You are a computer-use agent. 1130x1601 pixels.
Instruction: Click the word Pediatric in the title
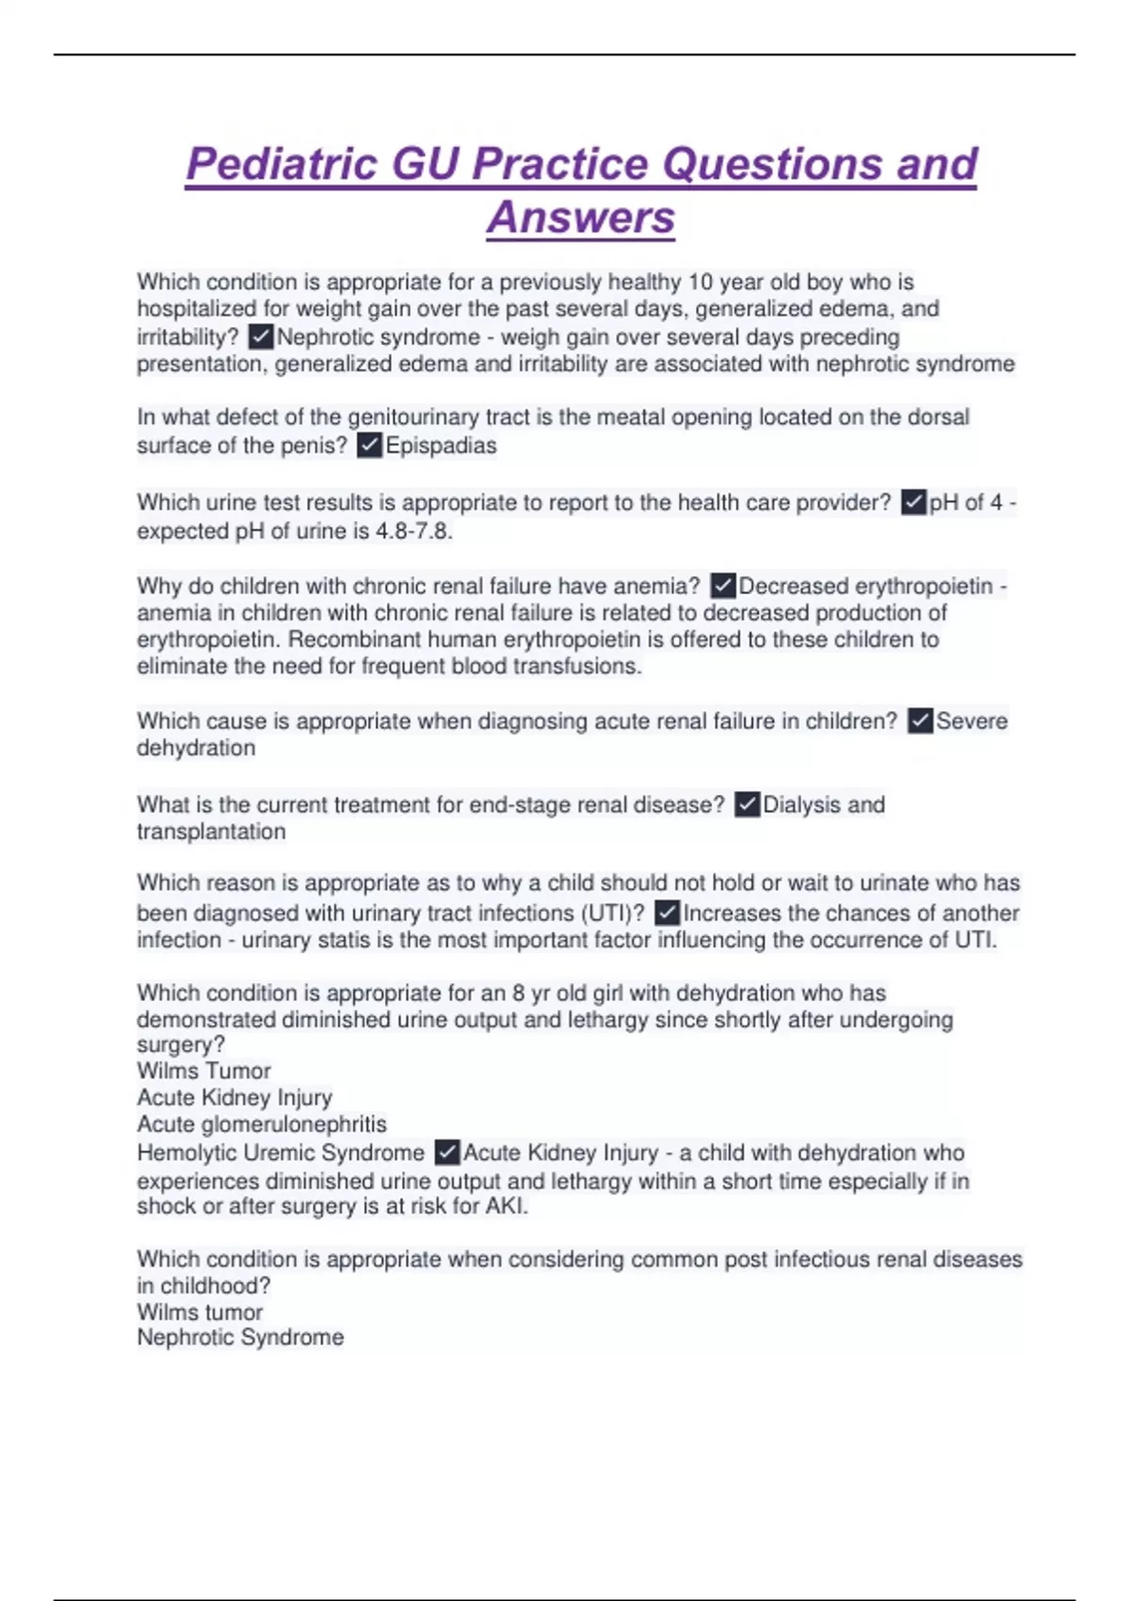[x=282, y=165]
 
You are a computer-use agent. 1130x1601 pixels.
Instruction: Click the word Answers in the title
[x=581, y=218]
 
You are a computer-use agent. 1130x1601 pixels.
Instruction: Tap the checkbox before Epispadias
[x=370, y=445]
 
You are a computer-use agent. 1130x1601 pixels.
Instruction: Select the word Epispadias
[x=441, y=445]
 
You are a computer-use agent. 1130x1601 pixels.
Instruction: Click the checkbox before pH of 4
[x=913, y=503]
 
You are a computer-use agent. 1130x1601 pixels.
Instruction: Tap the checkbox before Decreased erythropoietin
[x=723, y=586]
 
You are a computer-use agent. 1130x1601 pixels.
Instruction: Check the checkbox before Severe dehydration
[x=920, y=721]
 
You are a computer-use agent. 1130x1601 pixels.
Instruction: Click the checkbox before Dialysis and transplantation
[x=747, y=805]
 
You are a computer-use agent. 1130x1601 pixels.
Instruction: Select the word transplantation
[x=211, y=832]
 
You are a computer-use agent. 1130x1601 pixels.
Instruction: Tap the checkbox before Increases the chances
[x=667, y=913]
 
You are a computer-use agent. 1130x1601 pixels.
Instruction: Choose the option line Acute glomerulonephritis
[x=262, y=1124]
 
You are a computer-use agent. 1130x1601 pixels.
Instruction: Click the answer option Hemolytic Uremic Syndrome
[x=281, y=1153]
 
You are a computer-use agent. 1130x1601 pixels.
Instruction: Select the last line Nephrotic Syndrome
[x=240, y=1337]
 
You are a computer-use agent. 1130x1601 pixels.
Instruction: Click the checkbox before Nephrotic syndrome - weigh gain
[x=261, y=337]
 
